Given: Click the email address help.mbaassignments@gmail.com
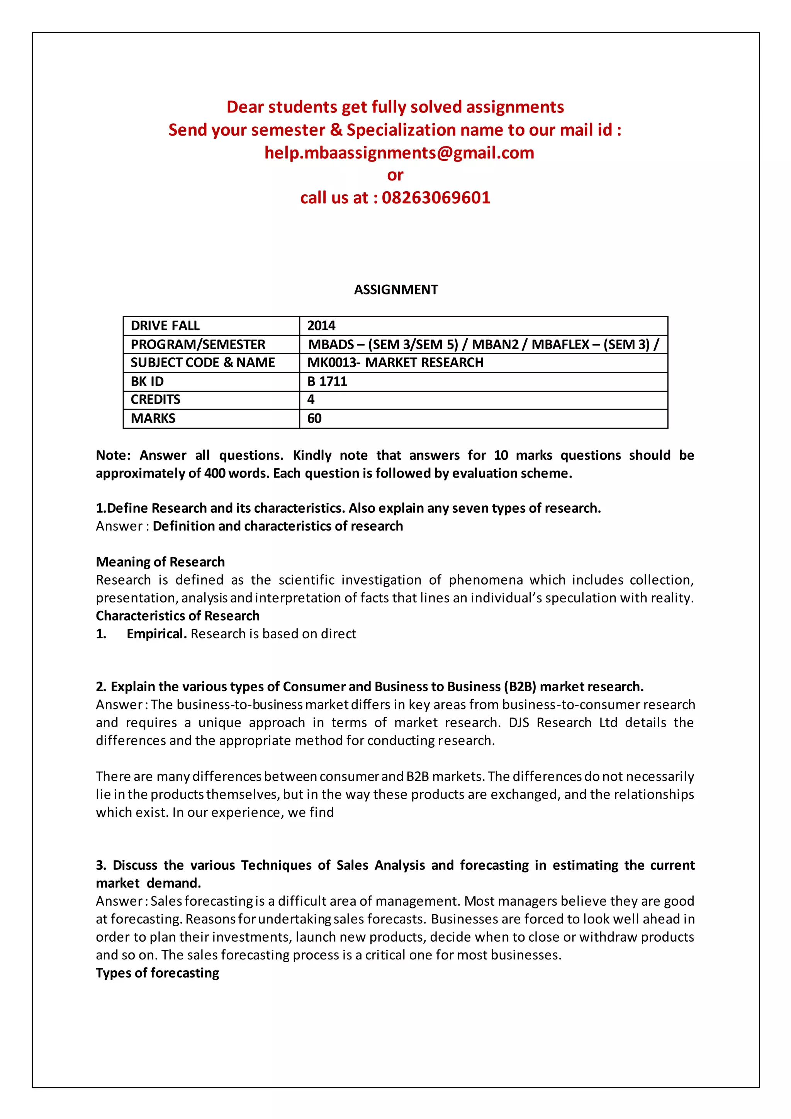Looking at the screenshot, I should pyautogui.click(x=399, y=153).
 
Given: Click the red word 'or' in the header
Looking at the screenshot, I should pyautogui.click(x=395, y=175).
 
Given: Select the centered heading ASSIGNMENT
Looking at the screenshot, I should pyautogui.click(x=395, y=289).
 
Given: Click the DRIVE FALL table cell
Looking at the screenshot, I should pyautogui.click(x=165, y=326).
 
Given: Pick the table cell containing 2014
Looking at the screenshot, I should pyautogui.click(x=321, y=326).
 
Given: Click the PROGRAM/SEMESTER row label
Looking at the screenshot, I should pyautogui.click(x=198, y=345).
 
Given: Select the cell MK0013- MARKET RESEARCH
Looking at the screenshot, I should pyautogui.click(x=395, y=362).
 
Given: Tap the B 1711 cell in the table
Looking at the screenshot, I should pyautogui.click(x=327, y=382).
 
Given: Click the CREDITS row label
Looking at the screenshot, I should pyautogui.click(x=155, y=400).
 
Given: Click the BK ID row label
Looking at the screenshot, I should pyautogui.click(x=147, y=382).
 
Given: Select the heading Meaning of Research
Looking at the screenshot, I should pyautogui.click(x=160, y=562).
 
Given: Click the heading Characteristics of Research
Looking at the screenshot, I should pyautogui.click(x=177, y=616).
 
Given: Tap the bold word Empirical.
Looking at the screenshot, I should pyautogui.click(x=156, y=634).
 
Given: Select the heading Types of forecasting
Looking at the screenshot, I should pyautogui.click(x=157, y=973).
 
